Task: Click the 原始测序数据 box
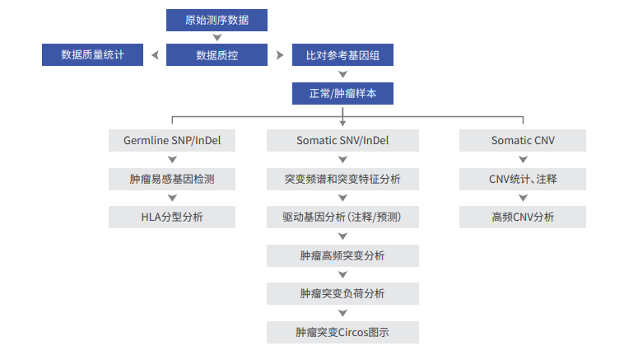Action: coord(217,20)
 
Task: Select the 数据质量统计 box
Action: coord(92,54)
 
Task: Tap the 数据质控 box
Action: coord(217,54)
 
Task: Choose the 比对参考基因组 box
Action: coord(342,54)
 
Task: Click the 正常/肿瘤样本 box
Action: coord(342,93)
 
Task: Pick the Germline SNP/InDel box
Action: coord(172,141)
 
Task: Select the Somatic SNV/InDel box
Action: coord(342,141)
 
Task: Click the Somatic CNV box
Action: coord(523,141)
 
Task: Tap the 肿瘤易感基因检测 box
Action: coord(172,180)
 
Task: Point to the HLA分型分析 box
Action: coord(172,217)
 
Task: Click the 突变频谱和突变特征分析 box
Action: coord(342,180)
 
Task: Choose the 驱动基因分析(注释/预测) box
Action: coord(342,217)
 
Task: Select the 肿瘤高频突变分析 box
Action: coord(342,255)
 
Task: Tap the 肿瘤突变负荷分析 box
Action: coord(342,293)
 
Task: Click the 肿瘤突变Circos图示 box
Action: coord(342,332)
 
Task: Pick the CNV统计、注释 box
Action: coord(523,180)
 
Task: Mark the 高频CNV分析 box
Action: coord(523,217)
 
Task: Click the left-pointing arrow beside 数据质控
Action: coord(155,55)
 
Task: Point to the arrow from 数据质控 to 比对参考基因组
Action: coord(280,55)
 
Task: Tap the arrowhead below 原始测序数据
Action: coord(217,37)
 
